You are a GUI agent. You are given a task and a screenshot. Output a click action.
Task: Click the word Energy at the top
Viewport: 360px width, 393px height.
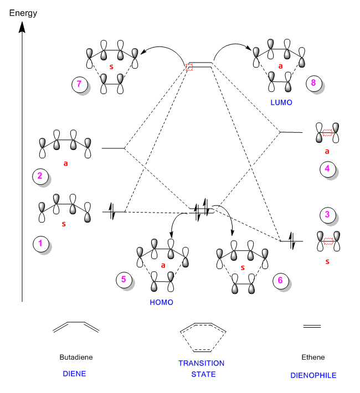click(23, 11)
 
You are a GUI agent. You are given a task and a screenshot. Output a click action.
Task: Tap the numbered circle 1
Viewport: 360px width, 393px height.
click(40, 243)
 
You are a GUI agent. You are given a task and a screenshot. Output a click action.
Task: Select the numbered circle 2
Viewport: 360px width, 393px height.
click(40, 176)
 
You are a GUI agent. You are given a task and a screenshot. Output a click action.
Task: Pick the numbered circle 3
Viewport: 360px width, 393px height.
click(327, 214)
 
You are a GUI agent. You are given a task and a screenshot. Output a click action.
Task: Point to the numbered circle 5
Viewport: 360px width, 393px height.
click(124, 280)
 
